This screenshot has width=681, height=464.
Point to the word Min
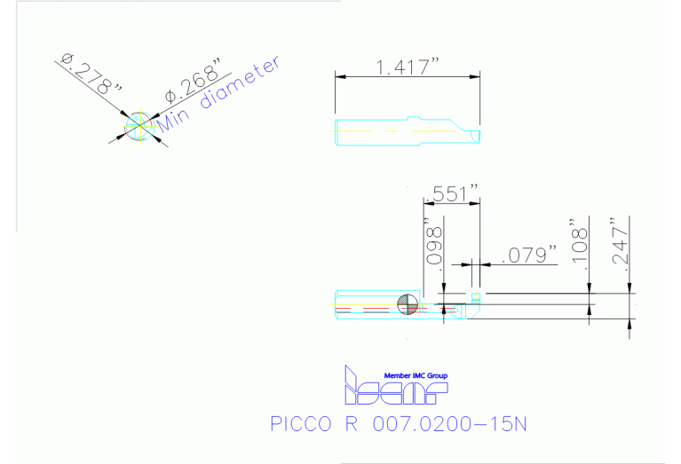click(x=177, y=116)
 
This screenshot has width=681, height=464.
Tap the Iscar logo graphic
click(x=395, y=387)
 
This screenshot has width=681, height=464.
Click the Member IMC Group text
click(x=416, y=374)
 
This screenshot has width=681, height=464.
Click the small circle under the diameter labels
click(x=140, y=125)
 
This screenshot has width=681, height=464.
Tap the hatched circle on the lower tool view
click(x=408, y=303)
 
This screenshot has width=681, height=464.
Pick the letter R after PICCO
click(x=349, y=424)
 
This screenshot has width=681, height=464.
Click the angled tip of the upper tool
click(x=472, y=132)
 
